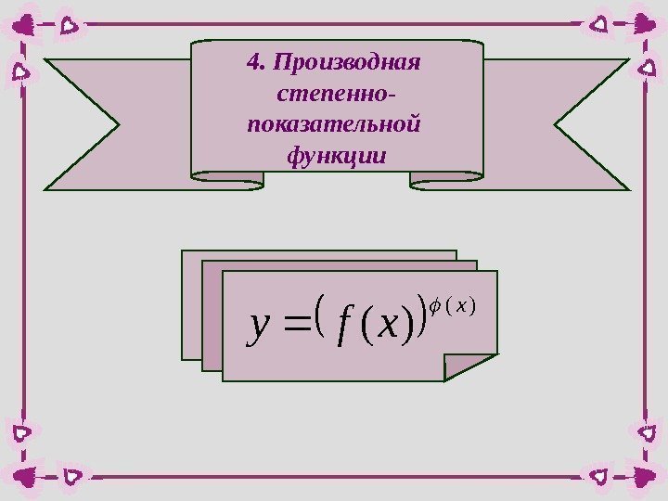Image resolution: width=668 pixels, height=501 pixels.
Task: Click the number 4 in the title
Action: pos(252,63)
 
